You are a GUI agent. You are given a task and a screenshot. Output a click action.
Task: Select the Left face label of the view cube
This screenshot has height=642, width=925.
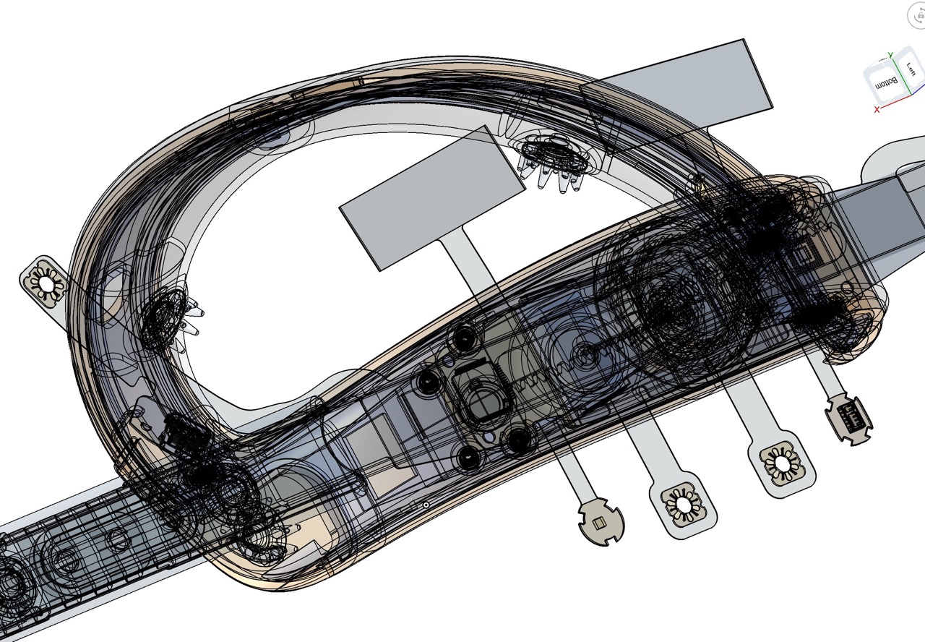[911, 69]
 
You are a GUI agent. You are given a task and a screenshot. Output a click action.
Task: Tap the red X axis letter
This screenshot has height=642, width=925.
[877, 109]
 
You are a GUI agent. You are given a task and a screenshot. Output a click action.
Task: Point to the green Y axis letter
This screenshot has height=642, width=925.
[891, 55]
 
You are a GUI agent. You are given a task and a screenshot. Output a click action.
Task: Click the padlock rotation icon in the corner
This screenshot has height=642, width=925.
[917, 16]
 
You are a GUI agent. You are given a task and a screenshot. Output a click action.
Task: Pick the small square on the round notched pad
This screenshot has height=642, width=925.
[599, 524]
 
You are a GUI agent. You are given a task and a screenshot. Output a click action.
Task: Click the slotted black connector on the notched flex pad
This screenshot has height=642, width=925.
[849, 417]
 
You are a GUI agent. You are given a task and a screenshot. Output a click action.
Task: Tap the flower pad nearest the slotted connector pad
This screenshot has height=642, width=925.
[782, 463]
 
